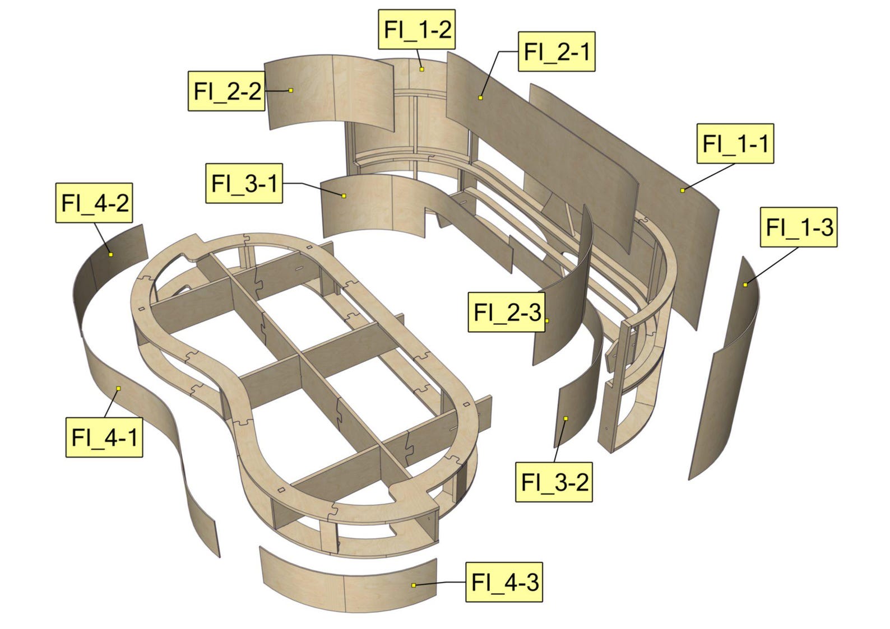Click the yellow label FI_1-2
click(x=417, y=29)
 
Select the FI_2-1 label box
click(x=556, y=52)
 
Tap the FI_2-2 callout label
click(x=226, y=91)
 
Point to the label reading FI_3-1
click(x=244, y=183)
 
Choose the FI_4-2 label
click(x=94, y=202)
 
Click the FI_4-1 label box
click(x=104, y=437)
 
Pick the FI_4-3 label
click(x=504, y=582)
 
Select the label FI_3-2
click(x=554, y=482)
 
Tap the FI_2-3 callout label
click(x=507, y=312)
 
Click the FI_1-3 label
click(x=798, y=227)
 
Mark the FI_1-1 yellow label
click(x=735, y=143)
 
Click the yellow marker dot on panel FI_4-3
click(x=414, y=585)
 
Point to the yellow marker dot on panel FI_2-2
click(x=291, y=90)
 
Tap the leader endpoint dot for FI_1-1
click(x=682, y=190)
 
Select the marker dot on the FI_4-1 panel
click(x=118, y=388)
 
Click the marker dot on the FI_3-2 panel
click(x=566, y=418)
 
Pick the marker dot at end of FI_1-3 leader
click(x=745, y=285)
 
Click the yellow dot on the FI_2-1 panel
click(x=480, y=98)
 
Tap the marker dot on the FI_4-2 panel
click(x=111, y=255)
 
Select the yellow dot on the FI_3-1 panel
click(x=344, y=195)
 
